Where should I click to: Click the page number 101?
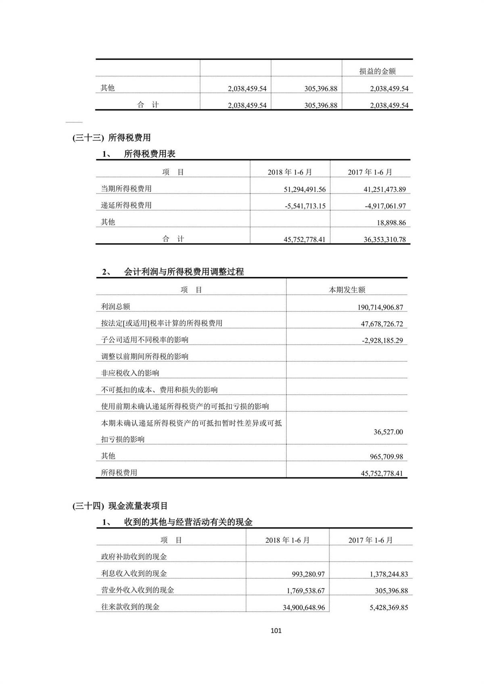[x=276, y=630]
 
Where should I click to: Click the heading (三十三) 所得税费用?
[x=112, y=138]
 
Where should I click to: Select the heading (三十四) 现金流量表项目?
[x=120, y=506]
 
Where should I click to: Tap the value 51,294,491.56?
[x=305, y=189]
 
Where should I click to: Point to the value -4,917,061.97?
[x=385, y=206]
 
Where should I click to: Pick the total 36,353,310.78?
[x=384, y=240]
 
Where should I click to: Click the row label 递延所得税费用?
[x=126, y=205]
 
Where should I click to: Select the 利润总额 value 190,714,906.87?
[x=380, y=307]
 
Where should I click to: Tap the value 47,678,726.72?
[x=382, y=324]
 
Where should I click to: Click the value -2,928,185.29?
[x=382, y=340]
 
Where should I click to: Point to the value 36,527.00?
[x=388, y=432]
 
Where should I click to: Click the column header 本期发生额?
[x=347, y=290]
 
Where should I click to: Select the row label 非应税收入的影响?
[x=130, y=373]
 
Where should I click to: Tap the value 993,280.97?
[x=308, y=574]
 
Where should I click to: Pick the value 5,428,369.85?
[x=388, y=607]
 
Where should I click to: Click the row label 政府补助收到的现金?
[x=134, y=557]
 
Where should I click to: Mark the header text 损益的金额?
[x=377, y=71]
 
